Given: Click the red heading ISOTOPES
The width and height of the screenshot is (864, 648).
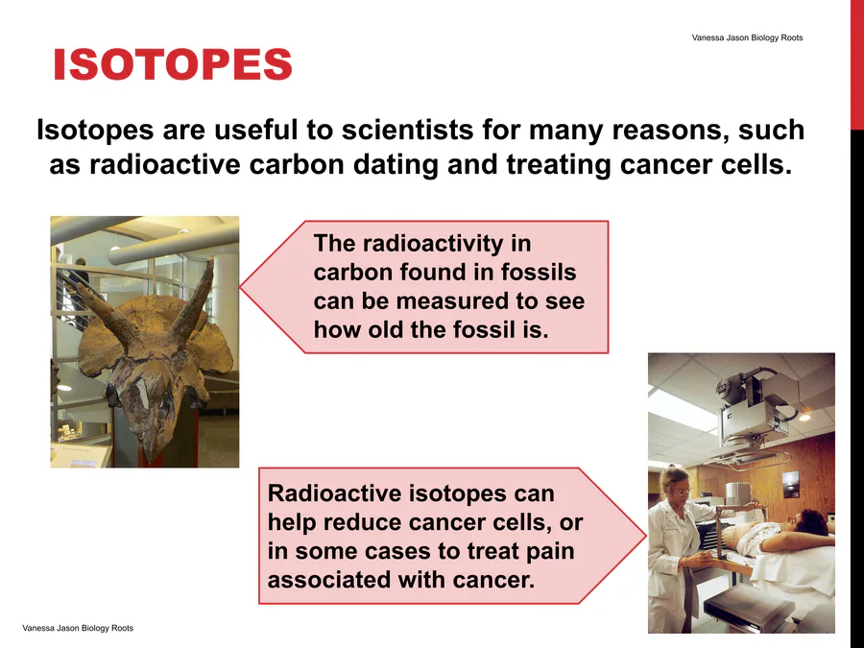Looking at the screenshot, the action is [173, 64].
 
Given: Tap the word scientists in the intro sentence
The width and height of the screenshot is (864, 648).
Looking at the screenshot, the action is [408, 130].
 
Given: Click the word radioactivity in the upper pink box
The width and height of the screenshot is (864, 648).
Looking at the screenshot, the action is [433, 244].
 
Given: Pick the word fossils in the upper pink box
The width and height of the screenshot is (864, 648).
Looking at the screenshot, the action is [539, 273].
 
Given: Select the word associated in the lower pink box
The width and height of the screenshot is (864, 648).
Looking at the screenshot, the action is [328, 580].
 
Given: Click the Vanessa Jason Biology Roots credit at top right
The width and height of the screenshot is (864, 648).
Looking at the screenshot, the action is [747, 37].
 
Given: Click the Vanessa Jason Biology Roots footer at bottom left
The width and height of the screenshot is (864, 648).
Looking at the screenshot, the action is [78, 628].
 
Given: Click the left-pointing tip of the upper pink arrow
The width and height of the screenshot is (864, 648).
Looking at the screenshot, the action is [241, 286].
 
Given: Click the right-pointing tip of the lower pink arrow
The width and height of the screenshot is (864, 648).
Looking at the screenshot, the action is [645, 535].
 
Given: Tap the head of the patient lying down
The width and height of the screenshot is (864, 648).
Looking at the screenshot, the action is [810, 522].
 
